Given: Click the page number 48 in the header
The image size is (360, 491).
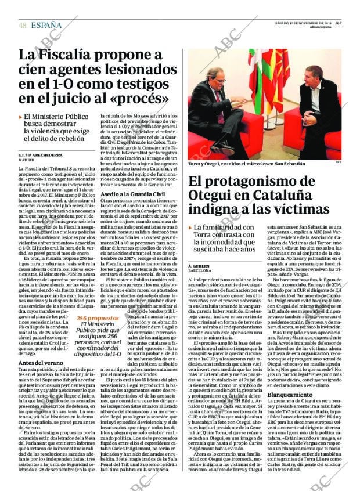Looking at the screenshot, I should tap(22, 25).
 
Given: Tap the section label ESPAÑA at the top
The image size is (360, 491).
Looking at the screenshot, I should tap(46, 25).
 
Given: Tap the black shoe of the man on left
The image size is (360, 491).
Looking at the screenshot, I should tap(224, 150).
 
